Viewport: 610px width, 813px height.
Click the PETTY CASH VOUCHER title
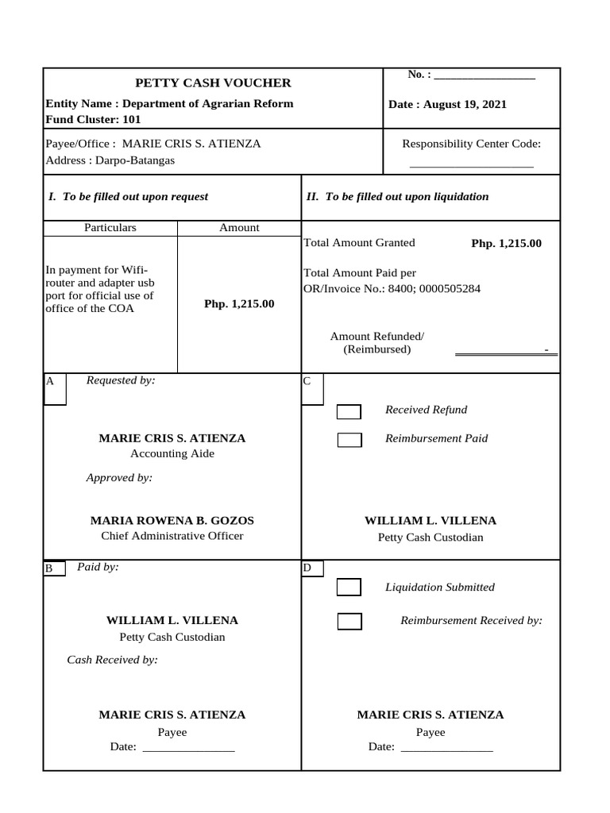point(213,83)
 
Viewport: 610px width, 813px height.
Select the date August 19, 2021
point(447,105)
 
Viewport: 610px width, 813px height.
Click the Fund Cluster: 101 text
point(94,120)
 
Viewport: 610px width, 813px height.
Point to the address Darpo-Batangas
point(110,160)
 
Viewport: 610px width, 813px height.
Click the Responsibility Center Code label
point(471,144)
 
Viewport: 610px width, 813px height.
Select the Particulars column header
point(110,228)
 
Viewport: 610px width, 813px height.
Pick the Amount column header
point(239,228)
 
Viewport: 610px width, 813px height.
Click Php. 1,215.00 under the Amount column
point(239,304)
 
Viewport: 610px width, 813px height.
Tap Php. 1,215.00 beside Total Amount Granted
point(506,244)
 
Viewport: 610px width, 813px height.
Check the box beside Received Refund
point(349,411)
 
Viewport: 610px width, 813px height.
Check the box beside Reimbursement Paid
point(349,440)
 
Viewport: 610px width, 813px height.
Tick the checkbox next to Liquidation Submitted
point(349,588)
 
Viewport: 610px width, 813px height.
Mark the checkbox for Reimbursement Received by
point(349,622)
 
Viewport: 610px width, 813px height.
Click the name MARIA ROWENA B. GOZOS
point(172,521)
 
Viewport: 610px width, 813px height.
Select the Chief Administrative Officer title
point(172,536)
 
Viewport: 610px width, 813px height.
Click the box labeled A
point(55,389)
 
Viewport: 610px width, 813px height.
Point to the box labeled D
point(312,568)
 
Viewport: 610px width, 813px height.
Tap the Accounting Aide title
point(172,454)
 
